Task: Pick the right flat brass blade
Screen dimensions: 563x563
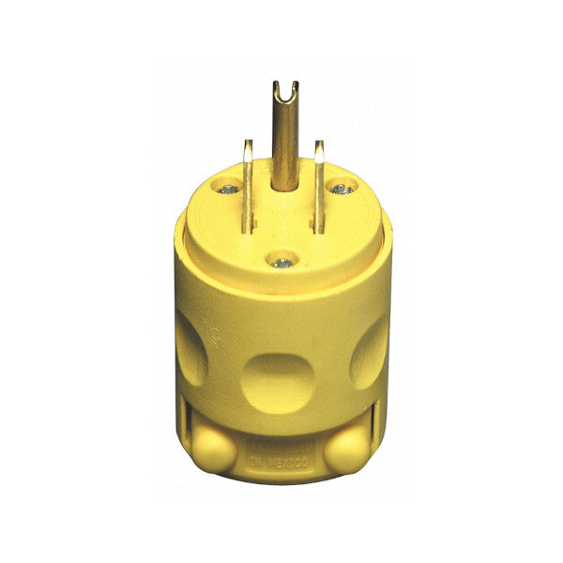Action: click(x=319, y=178)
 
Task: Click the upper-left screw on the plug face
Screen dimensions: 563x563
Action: click(x=226, y=189)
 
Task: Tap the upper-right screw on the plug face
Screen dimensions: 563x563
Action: click(x=342, y=189)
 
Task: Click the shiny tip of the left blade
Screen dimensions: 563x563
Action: click(x=248, y=145)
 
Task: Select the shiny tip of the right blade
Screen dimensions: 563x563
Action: click(x=319, y=145)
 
